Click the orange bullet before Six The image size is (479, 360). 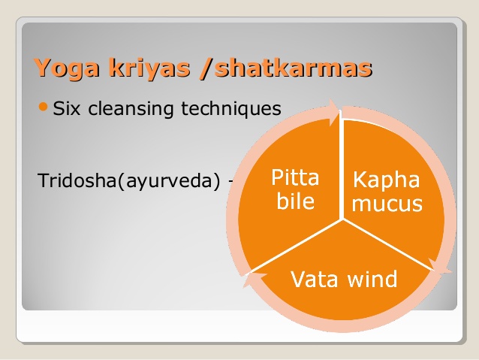[x=44, y=108]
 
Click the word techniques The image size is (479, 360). [x=232, y=109]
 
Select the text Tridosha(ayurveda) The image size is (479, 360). [x=128, y=181]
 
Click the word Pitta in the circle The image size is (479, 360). [x=295, y=178]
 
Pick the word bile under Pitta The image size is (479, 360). [x=295, y=201]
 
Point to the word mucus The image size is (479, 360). [x=387, y=204]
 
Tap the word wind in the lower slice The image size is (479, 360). [x=371, y=280]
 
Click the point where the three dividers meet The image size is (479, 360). [x=342, y=219]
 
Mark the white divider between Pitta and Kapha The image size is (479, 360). [x=342, y=165]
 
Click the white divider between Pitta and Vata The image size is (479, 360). [x=297, y=246]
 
